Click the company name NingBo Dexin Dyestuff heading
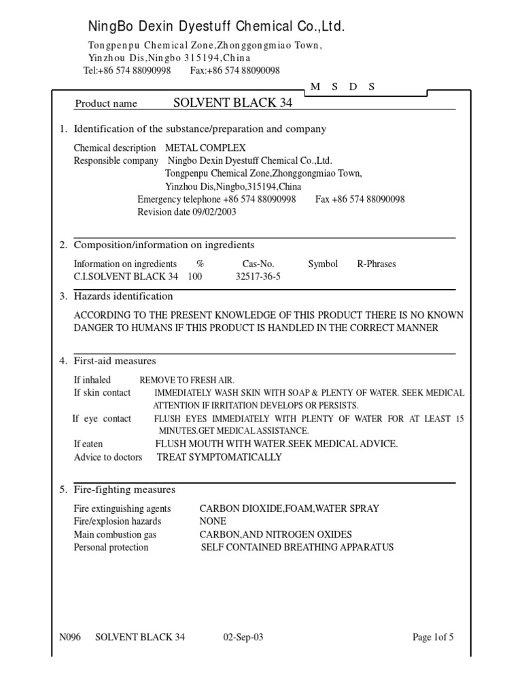(x=216, y=27)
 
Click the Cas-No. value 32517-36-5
(x=258, y=277)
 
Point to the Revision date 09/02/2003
(x=187, y=211)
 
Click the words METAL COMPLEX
(x=205, y=147)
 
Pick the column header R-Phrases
(x=376, y=264)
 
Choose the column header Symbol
(x=322, y=264)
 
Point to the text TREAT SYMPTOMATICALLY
(x=219, y=457)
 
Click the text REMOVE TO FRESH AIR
(x=187, y=381)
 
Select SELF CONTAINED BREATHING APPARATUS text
(x=297, y=547)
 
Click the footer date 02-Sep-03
(x=243, y=637)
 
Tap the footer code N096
(x=70, y=637)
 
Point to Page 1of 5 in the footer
(x=433, y=637)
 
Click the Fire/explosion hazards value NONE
(x=213, y=521)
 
